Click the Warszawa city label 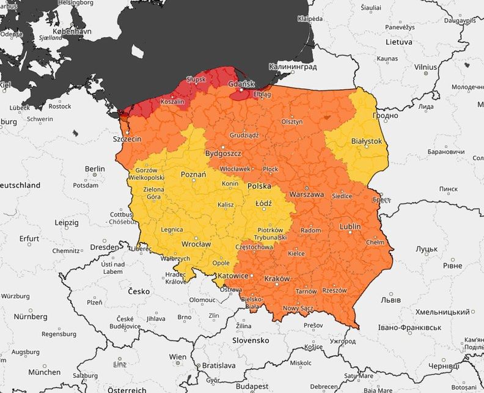pyautogui.click(x=306, y=194)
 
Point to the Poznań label pyautogui.click(x=194, y=174)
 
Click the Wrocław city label pyautogui.click(x=196, y=244)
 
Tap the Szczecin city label pyautogui.click(x=127, y=139)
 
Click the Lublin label pyautogui.click(x=350, y=227)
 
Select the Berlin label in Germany pyautogui.click(x=95, y=169)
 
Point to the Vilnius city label pyautogui.click(x=425, y=67)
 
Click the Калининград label pyautogui.click(x=293, y=66)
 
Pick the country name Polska pyautogui.click(x=259, y=185)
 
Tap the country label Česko pyautogui.click(x=139, y=291)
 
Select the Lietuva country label pyautogui.click(x=398, y=42)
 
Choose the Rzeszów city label pyautogui.click(x=334, y=290)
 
